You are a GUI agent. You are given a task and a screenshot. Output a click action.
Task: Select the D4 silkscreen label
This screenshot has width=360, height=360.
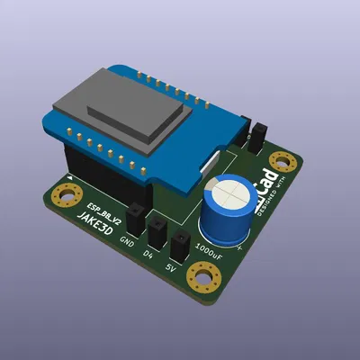tap(148, 255)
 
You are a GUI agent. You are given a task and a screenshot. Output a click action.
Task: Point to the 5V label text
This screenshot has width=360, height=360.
tap(171, 267)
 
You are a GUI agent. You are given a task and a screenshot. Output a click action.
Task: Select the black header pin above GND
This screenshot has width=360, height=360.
tap(136, 218)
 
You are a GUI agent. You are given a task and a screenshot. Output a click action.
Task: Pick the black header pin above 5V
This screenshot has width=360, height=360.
tap(180, 245)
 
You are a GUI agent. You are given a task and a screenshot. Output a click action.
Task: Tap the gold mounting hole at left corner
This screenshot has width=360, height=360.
tap(65, 195)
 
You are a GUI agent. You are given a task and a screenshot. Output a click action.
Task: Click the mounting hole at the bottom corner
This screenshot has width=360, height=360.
tap(204, 278)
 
